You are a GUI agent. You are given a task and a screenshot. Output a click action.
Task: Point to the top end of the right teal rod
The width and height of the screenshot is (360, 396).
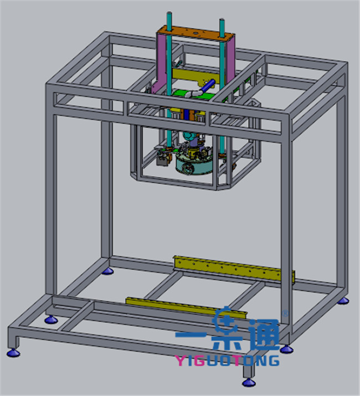pos(222,20)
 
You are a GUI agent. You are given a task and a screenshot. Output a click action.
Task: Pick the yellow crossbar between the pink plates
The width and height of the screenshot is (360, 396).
pos(196,76)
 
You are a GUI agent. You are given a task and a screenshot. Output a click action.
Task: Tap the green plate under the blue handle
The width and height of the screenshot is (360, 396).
pos(193,95)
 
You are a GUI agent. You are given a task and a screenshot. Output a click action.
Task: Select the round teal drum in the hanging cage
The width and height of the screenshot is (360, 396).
pos(194,166)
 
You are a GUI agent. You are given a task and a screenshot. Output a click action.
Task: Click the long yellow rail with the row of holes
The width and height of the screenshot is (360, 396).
pos(234,270)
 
